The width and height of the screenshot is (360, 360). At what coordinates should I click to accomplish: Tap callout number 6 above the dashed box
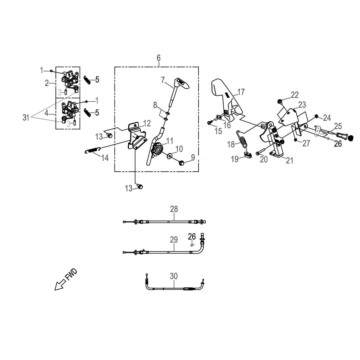(159, 58)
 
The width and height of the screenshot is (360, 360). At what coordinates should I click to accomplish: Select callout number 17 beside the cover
(241, 92)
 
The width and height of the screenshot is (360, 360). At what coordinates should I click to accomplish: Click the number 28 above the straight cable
(174, 209)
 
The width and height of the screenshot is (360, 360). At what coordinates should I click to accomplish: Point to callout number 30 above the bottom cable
(174, 276)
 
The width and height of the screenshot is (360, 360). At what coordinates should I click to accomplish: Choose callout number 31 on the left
(26, 117)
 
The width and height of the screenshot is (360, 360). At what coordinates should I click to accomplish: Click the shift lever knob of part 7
(183, 83)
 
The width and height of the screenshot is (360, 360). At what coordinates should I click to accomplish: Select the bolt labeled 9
(181, 163)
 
